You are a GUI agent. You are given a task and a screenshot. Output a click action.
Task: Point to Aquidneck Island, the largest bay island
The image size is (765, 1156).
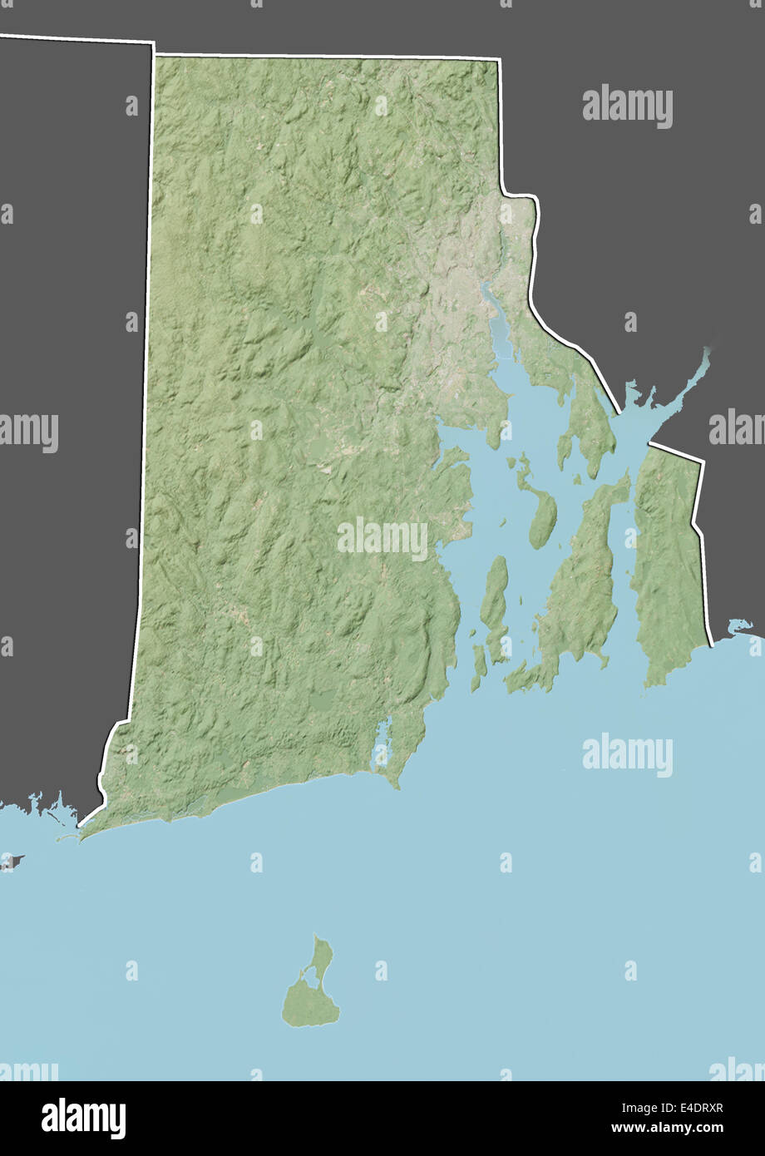[582, 582]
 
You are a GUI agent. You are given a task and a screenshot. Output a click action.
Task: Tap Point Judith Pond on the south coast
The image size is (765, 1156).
[382, 740]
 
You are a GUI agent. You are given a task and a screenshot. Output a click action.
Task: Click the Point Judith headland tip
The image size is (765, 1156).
[398, 787]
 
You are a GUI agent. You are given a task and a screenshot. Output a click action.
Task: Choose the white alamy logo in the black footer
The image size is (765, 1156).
[83, 1119]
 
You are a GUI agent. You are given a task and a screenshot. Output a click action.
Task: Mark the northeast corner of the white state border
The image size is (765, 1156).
[499, 60]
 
